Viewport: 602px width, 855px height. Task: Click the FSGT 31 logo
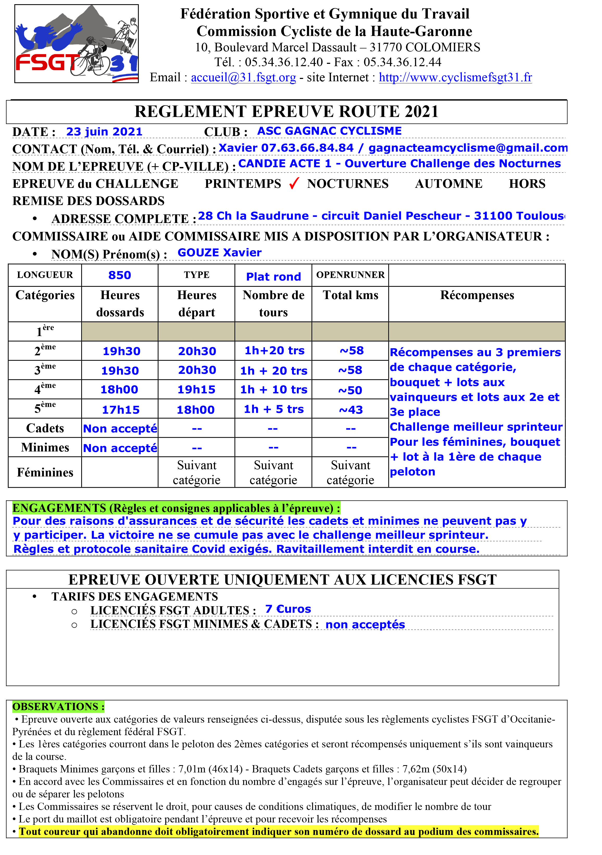point(76,44)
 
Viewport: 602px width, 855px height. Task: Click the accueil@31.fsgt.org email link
point(243,77)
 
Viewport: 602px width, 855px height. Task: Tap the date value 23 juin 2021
point(104,132)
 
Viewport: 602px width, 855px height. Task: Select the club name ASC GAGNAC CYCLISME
point(329,131)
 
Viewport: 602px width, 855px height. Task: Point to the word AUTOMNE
point(448,184)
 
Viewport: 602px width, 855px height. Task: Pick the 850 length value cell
point(120,275)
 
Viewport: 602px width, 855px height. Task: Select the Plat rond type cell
point(274,276)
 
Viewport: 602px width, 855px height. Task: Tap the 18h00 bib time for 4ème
point(119,389)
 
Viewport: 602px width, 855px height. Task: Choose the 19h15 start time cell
point(197,389)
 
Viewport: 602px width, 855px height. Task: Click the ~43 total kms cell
point(351,410)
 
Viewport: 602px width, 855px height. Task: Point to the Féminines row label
point(45,472)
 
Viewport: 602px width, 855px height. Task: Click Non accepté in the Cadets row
point(120,429)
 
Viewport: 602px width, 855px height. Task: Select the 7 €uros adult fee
point(288,609)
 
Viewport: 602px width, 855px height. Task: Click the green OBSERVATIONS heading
point(58,707)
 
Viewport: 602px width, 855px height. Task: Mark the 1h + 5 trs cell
point(274,409)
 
